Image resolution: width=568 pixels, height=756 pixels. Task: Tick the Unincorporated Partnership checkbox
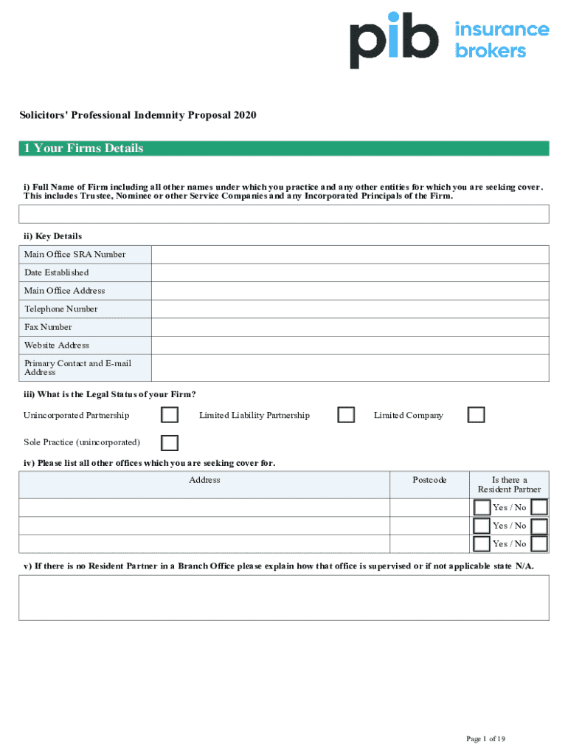click(170, 415)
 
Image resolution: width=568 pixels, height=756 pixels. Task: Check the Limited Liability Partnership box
click(346, 415)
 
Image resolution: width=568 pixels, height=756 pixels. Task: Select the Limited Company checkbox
click(476, 415)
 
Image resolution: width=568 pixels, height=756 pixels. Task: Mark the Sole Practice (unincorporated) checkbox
click(170, 442)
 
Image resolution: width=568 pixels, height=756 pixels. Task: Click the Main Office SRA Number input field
click(350, 255)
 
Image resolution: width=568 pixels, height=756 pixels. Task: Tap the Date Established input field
click(350, 272)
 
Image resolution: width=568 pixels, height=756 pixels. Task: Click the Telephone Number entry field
click(350, 309)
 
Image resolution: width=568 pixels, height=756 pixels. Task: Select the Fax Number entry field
click(350, 327)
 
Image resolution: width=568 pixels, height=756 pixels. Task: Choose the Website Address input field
click(350, 345)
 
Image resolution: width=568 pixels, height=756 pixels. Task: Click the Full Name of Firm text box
click(284, 214)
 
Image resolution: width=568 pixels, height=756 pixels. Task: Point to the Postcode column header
click(429, 480)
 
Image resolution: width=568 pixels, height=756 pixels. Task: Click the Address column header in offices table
click(204, 480)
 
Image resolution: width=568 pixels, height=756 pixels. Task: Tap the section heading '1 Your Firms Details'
click(83, 148)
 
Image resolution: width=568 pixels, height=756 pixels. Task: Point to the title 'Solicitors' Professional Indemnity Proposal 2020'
click(138, 115)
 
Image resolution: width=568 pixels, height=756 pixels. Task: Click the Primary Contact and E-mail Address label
click(77, 368)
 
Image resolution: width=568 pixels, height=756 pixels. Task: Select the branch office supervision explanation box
click(284, 597)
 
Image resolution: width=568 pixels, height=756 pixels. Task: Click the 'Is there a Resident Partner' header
click(509, 484)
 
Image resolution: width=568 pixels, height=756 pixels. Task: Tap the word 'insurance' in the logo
click(502, 30)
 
